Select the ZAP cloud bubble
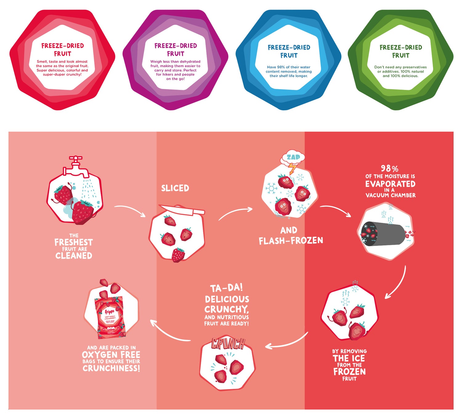click(293, 157)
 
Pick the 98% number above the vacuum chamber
click(389, 169)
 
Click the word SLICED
click(175, 188)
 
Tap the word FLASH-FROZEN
click(291, 241)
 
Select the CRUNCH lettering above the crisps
click(228, 344)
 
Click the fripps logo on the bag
click(109, 312)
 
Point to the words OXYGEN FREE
click(111, 355)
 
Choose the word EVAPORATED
click(390, 184)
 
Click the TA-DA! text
click(226, 288)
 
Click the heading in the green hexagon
click(401, 51)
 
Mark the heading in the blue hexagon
click(289, 51)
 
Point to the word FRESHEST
click(74, 242)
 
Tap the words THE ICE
click(349, 358)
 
